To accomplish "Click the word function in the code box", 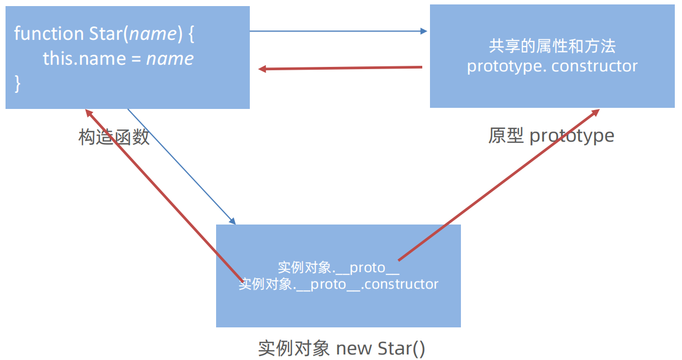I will [x=49, y=33].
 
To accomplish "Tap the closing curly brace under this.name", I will [x=18, y=84].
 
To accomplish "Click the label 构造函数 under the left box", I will [x=114, y=137].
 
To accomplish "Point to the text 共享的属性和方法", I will [x=552, y=46].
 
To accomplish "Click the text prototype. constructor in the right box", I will [x=552, y=66].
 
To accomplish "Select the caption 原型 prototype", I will [x=551, y=135].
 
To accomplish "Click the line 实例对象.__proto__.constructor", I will [x=338, y=284].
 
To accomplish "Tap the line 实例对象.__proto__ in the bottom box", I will [x=338, y=268].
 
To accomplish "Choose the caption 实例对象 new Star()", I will [x=342, y=348].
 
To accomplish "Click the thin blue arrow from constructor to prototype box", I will [x=338, y=32].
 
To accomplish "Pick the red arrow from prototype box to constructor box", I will [x=340, y=68].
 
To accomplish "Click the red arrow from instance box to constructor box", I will [x=163, y=194].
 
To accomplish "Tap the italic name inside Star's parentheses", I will [x=153, y=33].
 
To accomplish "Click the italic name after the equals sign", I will [x=170, y=59].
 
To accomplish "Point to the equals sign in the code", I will [x=135, y=59].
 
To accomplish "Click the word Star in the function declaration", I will [x=106, y=33].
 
